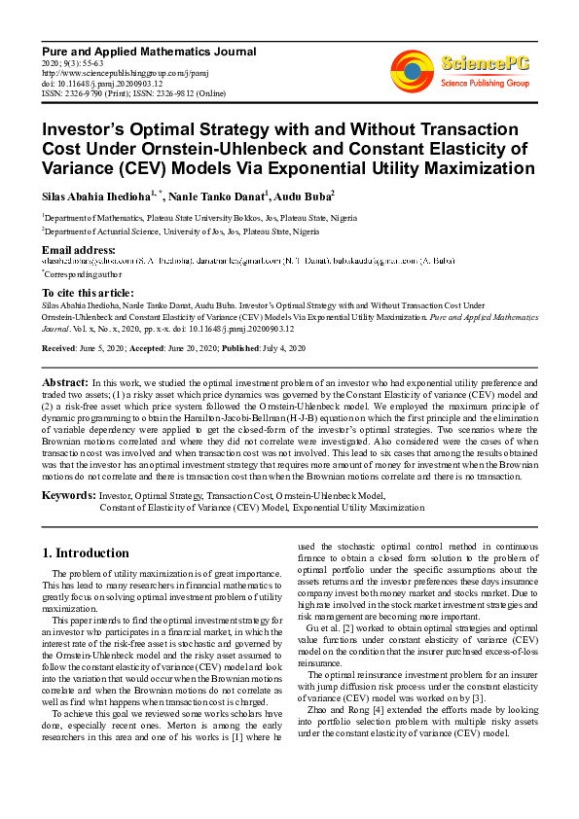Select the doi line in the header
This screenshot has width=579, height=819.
click(x=102, y=83)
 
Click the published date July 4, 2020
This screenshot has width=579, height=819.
click(x=282, y=348)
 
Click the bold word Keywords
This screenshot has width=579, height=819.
click(x=68, y=495)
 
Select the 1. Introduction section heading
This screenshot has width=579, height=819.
click(x=86, y=553)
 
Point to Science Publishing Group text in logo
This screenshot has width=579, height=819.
click(x=484, y=84)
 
